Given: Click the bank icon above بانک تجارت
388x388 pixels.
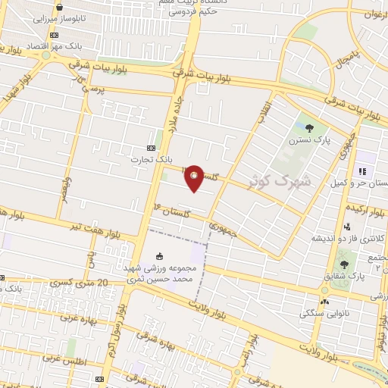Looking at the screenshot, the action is coord(152,148).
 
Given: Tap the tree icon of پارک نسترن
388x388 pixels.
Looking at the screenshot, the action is coord(308,127).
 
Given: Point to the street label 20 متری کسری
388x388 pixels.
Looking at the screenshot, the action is coord(72,282).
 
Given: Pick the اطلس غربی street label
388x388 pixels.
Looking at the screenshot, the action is coord(61,357).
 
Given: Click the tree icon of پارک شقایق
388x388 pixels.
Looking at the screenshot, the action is coord(345,265).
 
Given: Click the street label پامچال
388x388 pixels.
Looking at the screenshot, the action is coord(339,55).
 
